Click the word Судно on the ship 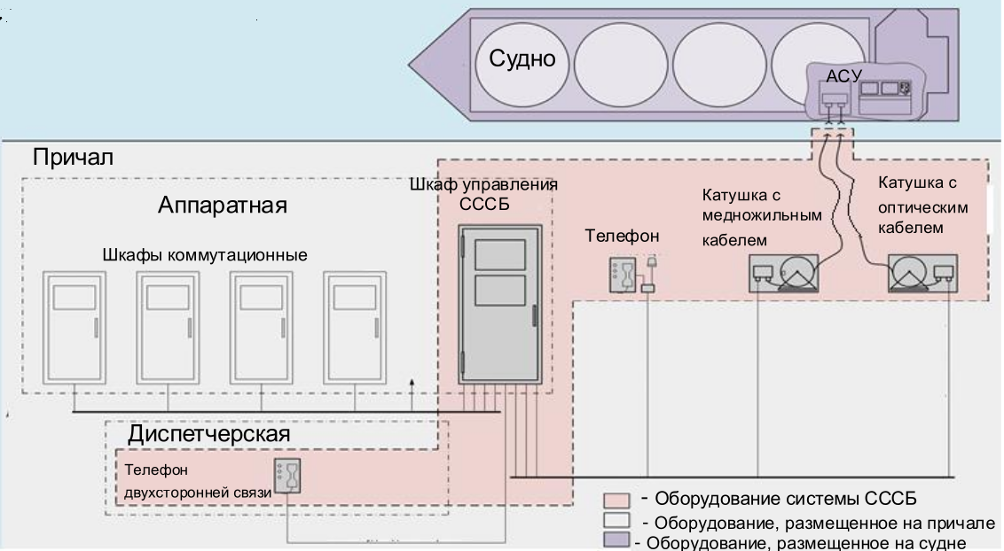coord(522,60)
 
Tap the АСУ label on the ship coord(843,76)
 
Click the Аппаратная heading coord(224,206)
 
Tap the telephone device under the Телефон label coord(622,274)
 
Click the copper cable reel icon coord(783,273)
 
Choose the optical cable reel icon coord(922,273)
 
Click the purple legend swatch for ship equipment coord(616,541)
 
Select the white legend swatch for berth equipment coord(616,520)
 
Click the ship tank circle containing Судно coord(522,66)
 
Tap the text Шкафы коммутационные coord(205,255)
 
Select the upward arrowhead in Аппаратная coord(412,383)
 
